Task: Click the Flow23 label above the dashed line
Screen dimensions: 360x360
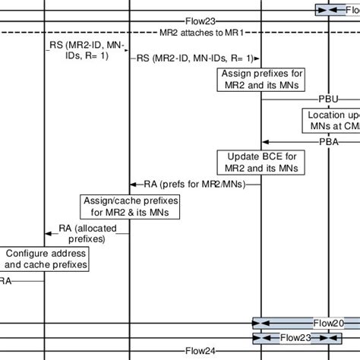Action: [x=200, y=21]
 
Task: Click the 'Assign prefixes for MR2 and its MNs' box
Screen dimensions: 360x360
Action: [x=261, y=78]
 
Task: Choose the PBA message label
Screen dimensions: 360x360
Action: [x=328, y=141]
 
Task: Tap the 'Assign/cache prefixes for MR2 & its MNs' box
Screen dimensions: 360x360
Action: [x=129, y=205]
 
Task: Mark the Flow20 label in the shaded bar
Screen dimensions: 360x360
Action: [x=328, y=322]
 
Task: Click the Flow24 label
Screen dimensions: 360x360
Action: [x=201, y=351]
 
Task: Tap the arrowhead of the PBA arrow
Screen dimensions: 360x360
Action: [x=264, y=141]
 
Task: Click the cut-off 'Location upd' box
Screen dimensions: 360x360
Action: [x=330, y=119]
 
